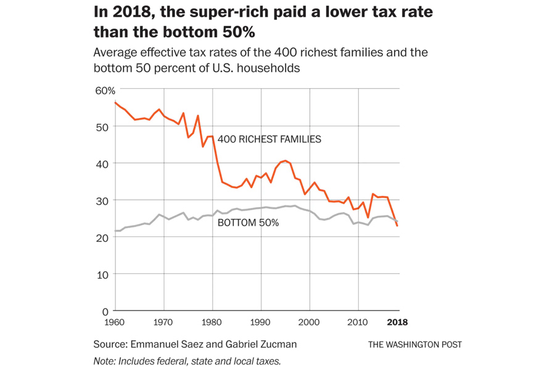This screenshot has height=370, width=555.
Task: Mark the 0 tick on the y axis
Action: pyautogui.click(x=105, y=311)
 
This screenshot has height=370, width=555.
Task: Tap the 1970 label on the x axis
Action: pyautogui.click(x=163, y=322)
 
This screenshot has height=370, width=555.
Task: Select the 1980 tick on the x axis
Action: pyautogui.click(x=212, y=322)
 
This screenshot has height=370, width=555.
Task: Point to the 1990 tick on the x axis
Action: pyautogui.click(x=261, y=322)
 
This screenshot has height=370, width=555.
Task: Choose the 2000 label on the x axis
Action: pyautogui.click(x=310, y=322)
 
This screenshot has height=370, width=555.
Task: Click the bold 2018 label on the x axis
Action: pyautogui.click(x=397, y=322)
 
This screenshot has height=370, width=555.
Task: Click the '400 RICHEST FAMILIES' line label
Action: pyautogui.click(x=269, y=139)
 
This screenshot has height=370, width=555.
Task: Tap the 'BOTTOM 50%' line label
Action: pyautogui.click(x=248, y=223)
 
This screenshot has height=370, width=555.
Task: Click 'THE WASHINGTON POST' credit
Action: pyautogui.click(x=415, y=345)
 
